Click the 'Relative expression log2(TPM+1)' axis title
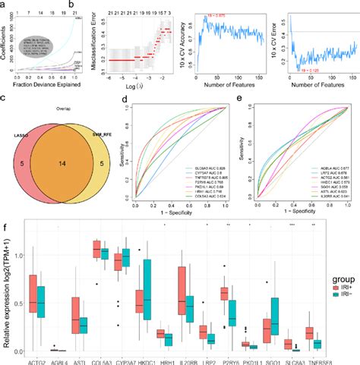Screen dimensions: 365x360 [x=7, y=288]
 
